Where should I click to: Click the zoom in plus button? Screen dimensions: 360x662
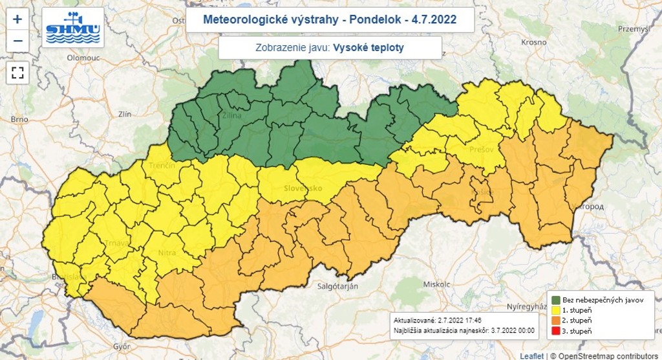click(x=17, y=19)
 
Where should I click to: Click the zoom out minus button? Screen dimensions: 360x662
click(x=17, y=40)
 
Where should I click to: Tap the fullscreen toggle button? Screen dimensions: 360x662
click(x=17, y=72)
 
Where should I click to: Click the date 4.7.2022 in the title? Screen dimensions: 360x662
click(x=433, y=20)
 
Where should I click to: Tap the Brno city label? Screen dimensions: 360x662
click(x=19, y=120)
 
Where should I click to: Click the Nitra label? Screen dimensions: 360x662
click(x=166, y=253)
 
